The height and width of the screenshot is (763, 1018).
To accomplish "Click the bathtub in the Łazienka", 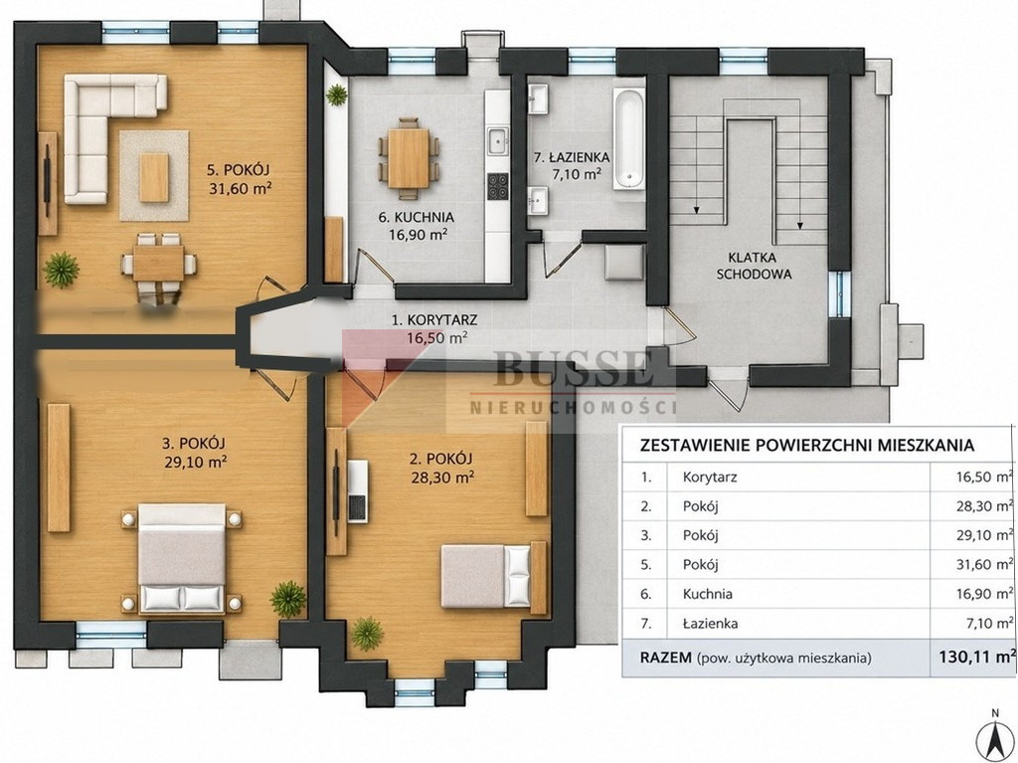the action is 628,139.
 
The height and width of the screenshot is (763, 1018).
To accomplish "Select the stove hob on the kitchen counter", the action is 498,187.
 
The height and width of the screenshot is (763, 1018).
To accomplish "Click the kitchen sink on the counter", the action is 498,140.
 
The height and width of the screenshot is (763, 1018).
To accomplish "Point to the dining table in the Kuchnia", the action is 409,158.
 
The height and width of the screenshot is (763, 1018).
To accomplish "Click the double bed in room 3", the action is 182,558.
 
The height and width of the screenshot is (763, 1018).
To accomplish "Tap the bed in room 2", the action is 486,576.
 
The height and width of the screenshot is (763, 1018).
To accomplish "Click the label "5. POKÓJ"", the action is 238,170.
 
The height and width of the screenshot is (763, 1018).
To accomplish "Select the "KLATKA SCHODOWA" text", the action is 754,266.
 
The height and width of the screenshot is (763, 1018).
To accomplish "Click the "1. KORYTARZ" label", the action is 434,319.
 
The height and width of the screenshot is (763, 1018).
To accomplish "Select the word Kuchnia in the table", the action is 708,594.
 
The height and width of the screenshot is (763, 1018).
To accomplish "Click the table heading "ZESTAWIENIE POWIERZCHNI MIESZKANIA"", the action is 807,446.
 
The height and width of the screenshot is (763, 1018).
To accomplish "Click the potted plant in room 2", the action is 368,633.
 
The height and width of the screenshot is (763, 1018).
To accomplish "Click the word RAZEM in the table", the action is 665,658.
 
